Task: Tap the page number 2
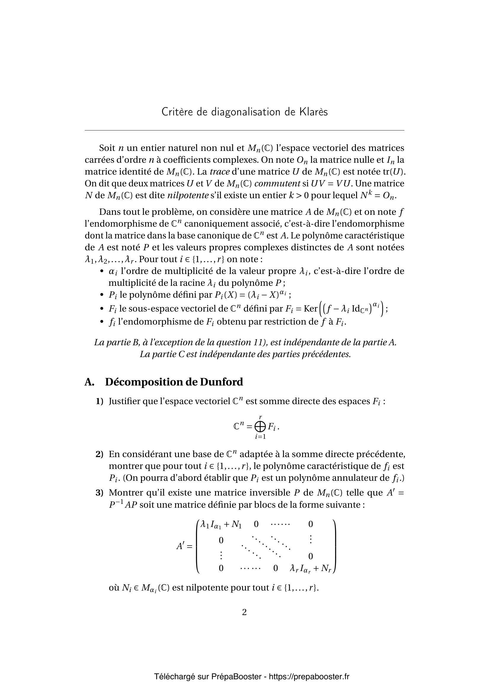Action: pyautogui.click(x=244, y=612)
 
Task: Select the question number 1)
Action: pyautogui.click(x=100, y=401)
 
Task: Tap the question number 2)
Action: pyautogui.click(x=100, y=454)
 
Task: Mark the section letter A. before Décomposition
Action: pyautogui.click(x=89, y=382)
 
